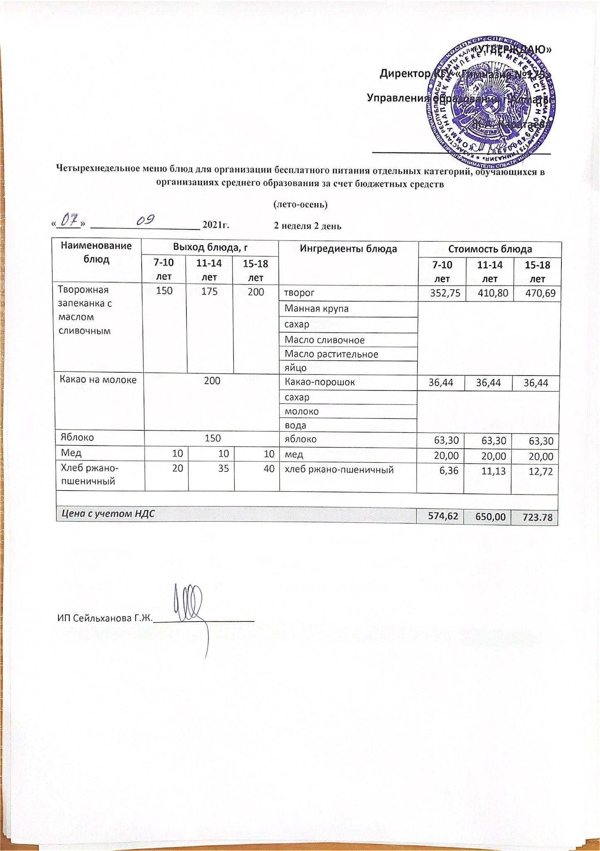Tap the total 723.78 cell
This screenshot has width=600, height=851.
point(537,517)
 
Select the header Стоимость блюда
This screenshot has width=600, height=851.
point(490,249)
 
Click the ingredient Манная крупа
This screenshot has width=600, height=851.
point(316,309)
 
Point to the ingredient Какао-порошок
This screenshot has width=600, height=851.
point(319,382)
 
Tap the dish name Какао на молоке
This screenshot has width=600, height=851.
point(98,379)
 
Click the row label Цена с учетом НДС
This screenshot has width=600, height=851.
point(108,514)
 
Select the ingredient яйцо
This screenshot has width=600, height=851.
point(295,367)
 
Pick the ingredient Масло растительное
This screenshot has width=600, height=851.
point(331,354)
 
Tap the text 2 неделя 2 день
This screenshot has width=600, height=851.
point(307,226)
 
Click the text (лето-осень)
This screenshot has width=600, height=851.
point(300,204)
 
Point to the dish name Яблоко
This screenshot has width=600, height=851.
point(77,437)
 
